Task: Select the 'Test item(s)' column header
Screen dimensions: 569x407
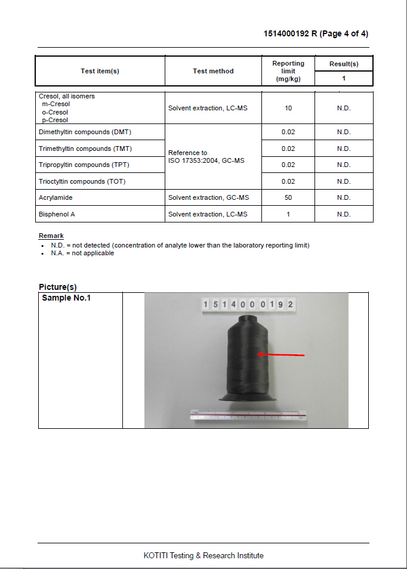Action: coord(100,71)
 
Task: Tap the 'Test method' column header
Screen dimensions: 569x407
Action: coord(213,71)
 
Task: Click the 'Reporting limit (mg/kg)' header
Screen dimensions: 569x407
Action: coord(288,71)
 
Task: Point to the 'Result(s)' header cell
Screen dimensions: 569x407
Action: coord(344,64)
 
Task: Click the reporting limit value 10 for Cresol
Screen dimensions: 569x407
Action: coord(288,108)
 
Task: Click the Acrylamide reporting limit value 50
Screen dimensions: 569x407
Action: coord(288,197)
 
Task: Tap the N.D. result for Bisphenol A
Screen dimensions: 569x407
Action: coord(344,214)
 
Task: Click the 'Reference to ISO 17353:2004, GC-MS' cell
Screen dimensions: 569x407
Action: coord(206,157)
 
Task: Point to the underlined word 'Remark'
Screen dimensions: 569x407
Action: coord(51,236)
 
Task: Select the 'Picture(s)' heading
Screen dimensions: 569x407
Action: coord(58,287)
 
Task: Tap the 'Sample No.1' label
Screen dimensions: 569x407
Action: coord(66,298)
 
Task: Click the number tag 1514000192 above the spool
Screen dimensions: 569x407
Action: coord(248,304)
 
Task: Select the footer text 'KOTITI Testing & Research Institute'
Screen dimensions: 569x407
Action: coord(203,555)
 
